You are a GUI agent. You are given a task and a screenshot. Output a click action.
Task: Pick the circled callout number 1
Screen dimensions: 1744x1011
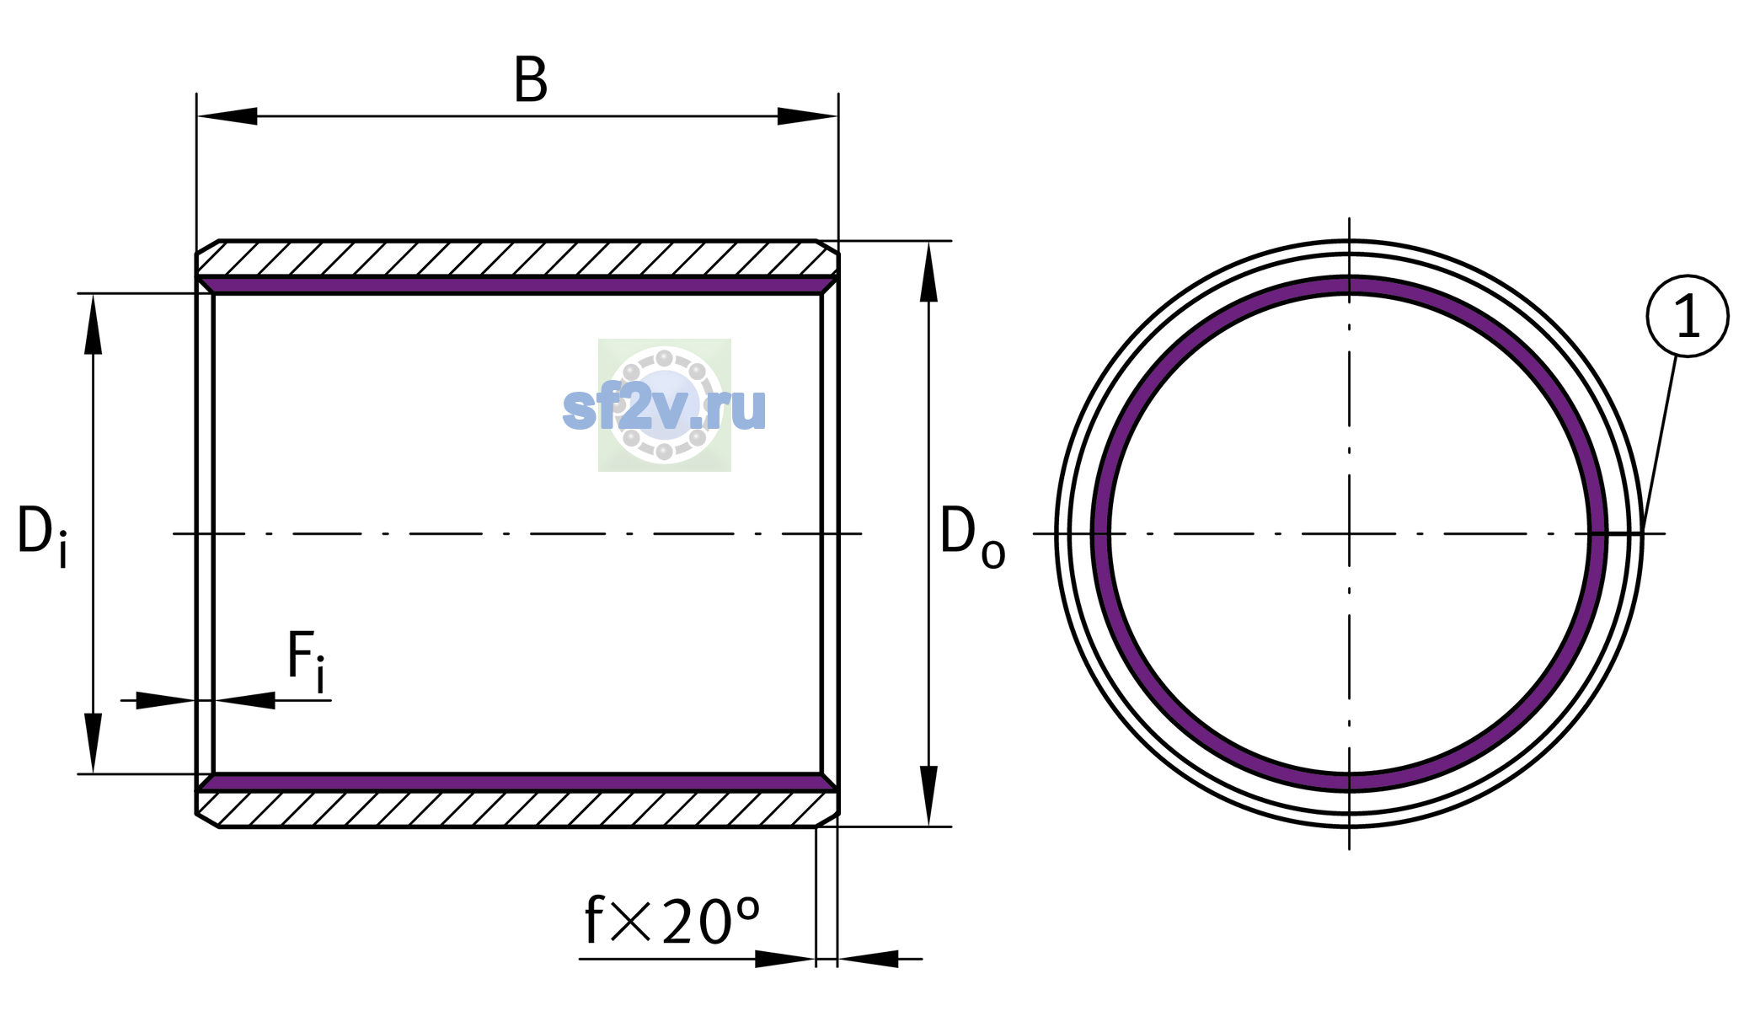pyautogui.click(x=1687, y=316)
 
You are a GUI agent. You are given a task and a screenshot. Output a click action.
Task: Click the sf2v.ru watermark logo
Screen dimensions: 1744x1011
pyautogui.click(x=665, y=405)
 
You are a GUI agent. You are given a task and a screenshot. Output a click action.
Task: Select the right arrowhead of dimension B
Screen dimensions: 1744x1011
pyautogui.click(x=807, y=116)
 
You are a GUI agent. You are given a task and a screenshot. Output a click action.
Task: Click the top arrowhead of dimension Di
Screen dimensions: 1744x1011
pyautogui.click(x=94, y=324)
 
